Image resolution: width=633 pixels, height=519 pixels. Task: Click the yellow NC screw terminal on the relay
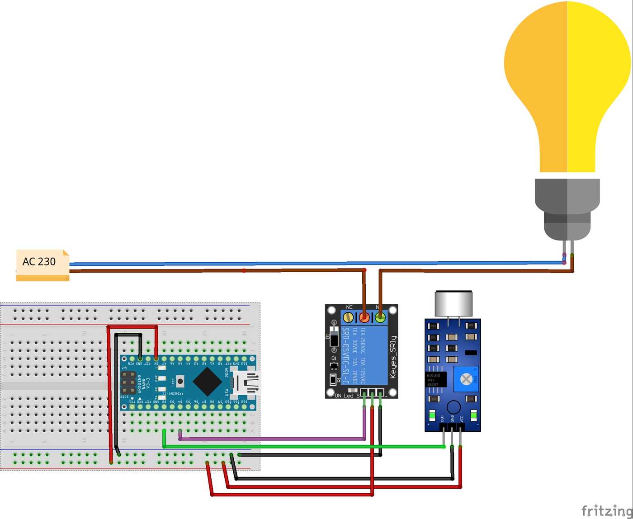click(348, 317)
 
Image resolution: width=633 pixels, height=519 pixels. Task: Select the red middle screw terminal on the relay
click(364, 317)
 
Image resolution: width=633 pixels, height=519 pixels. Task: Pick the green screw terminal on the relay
click(380, 317)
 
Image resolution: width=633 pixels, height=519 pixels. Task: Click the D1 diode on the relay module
click(334, 339)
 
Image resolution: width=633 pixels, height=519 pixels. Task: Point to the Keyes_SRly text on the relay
click(392, 357)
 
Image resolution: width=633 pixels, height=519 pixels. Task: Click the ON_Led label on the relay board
click(345, 396)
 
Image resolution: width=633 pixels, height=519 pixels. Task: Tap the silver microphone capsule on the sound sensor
click(453, 303)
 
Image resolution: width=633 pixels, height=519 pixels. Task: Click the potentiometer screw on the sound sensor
click(466, 379)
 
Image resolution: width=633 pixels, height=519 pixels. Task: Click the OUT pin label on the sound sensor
click(443, 418)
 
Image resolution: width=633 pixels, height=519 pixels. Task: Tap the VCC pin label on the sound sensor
click(462, 418)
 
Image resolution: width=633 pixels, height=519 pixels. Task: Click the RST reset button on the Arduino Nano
click(180, 381)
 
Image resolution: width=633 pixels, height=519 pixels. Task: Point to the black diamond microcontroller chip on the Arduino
click(207, 381)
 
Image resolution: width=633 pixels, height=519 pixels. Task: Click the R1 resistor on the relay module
click(334, 379)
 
